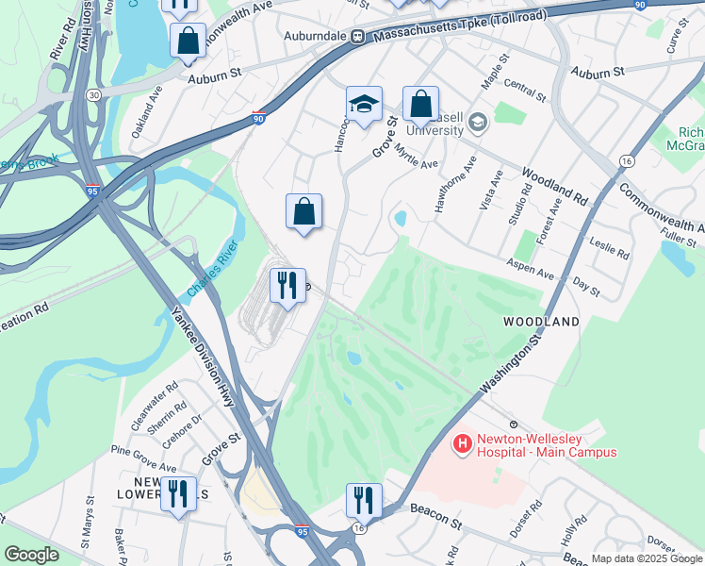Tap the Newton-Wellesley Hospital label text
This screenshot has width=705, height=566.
click(546, 445)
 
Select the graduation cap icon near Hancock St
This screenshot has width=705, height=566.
click(364, 105)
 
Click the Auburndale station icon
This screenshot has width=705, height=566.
click(358, 37)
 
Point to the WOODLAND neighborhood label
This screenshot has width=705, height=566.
click(540, 322)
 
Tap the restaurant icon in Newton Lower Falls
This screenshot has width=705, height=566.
click(177, 491)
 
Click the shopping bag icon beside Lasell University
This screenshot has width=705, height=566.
click(420, 105)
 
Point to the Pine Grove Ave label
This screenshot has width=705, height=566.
click(144, 458)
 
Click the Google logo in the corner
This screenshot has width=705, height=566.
click(31, 555)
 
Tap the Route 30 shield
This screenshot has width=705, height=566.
click(93, 95)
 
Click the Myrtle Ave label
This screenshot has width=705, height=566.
click(417, 157)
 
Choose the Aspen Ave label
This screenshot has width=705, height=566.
click(530, 267)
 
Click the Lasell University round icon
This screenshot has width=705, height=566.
click(477, 123)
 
